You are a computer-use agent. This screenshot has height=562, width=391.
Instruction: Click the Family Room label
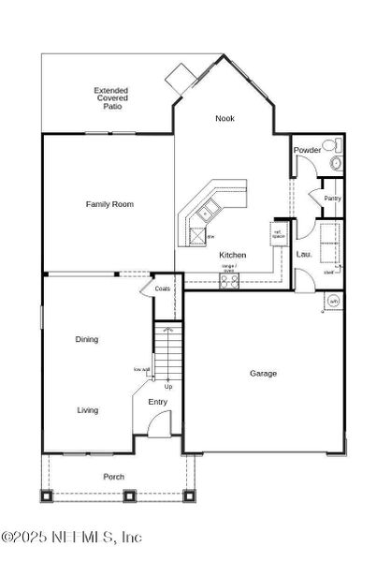tap(110, 204)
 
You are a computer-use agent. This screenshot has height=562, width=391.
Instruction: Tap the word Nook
tap(224, 118)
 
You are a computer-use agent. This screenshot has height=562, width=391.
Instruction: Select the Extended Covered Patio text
tap(110, 98)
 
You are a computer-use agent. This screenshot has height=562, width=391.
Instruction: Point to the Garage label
tap(263, 374)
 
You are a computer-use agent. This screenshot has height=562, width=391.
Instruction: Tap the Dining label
tap(87, 340)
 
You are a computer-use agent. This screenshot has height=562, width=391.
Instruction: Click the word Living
tap(87, 410)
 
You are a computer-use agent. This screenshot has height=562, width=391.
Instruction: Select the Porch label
tap(113, 477)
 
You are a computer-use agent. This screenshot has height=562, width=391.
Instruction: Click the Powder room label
tap(307, 150)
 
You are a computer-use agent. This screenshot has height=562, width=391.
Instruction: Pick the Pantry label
tap(332, 199)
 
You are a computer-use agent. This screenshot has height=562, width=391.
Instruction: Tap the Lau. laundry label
tap(304, 254)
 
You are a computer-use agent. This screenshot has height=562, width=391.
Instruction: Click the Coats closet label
tap(163, 288)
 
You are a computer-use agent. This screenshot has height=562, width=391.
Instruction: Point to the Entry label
tap(158, 402)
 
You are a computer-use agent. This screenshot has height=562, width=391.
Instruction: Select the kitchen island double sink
tap(204, 216)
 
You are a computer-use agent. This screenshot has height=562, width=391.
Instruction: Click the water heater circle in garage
tap(333, 302)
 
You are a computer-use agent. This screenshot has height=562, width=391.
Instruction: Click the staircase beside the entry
tap(167, 355)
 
